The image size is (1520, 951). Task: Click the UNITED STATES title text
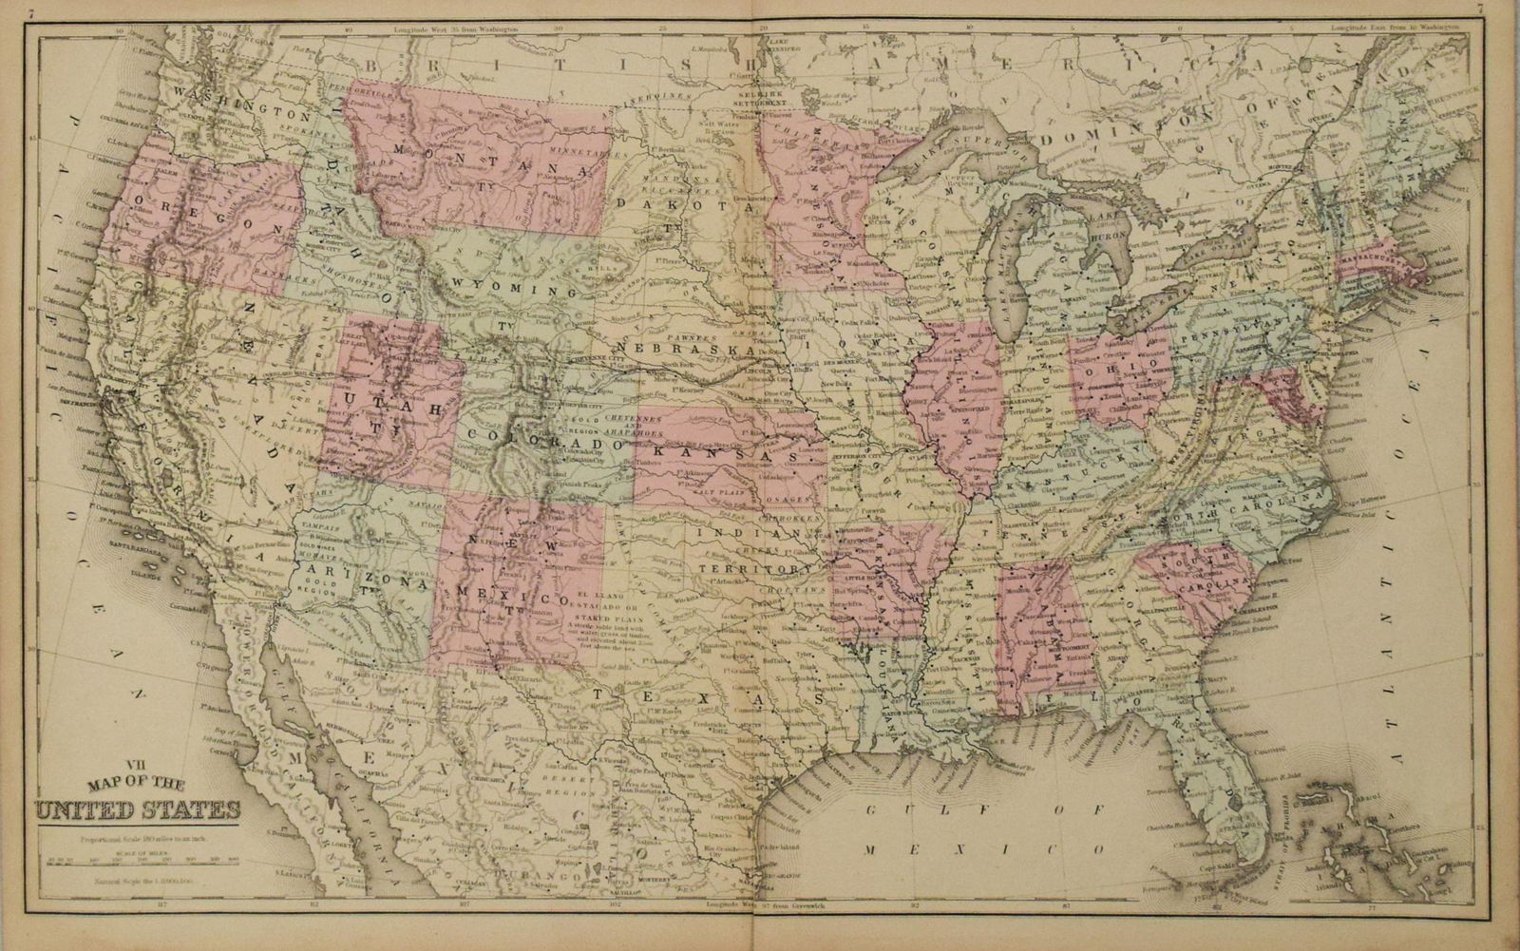[138, 810]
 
